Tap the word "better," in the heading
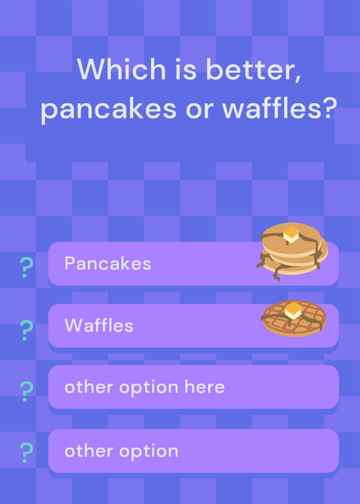pyautogui.click(x=253, y=70)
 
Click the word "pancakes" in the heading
pyautogui.click(x=108, y=110)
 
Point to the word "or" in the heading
pyautogui.click(x=199, y=110)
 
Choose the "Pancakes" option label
pyautogui.click(x=108, y=263)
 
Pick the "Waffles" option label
pyautogui.click(x=99, y=325)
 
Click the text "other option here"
pyautogui.click(x=144, y=387)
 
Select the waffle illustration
pyautogui.click(x=294, y=318)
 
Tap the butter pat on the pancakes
pyautogui.click(x=291, y=234)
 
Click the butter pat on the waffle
pyautogui.click(x=293, y=310)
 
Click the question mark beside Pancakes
pyautogui.click(x=26, y=267)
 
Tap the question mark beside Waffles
pyautogui.click(x=26, y=330)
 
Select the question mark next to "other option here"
pyautogui.click(x=26, y=391)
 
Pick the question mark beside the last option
pyautogui.click(x=26, y=452)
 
